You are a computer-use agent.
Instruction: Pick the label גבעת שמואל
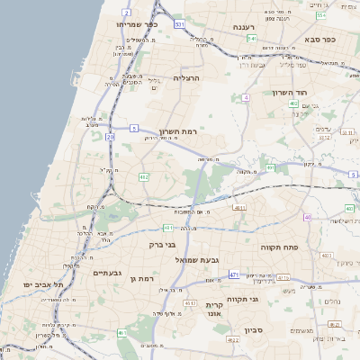(209, 260)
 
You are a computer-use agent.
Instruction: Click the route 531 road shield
(179, 23)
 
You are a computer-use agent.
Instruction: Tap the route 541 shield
(252, 39)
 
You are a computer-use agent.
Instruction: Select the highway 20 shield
(110, 137)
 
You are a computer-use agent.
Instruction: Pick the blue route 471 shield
(234, 274)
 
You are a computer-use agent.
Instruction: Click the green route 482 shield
(143, 176)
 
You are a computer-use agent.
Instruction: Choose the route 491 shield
(270, 167)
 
